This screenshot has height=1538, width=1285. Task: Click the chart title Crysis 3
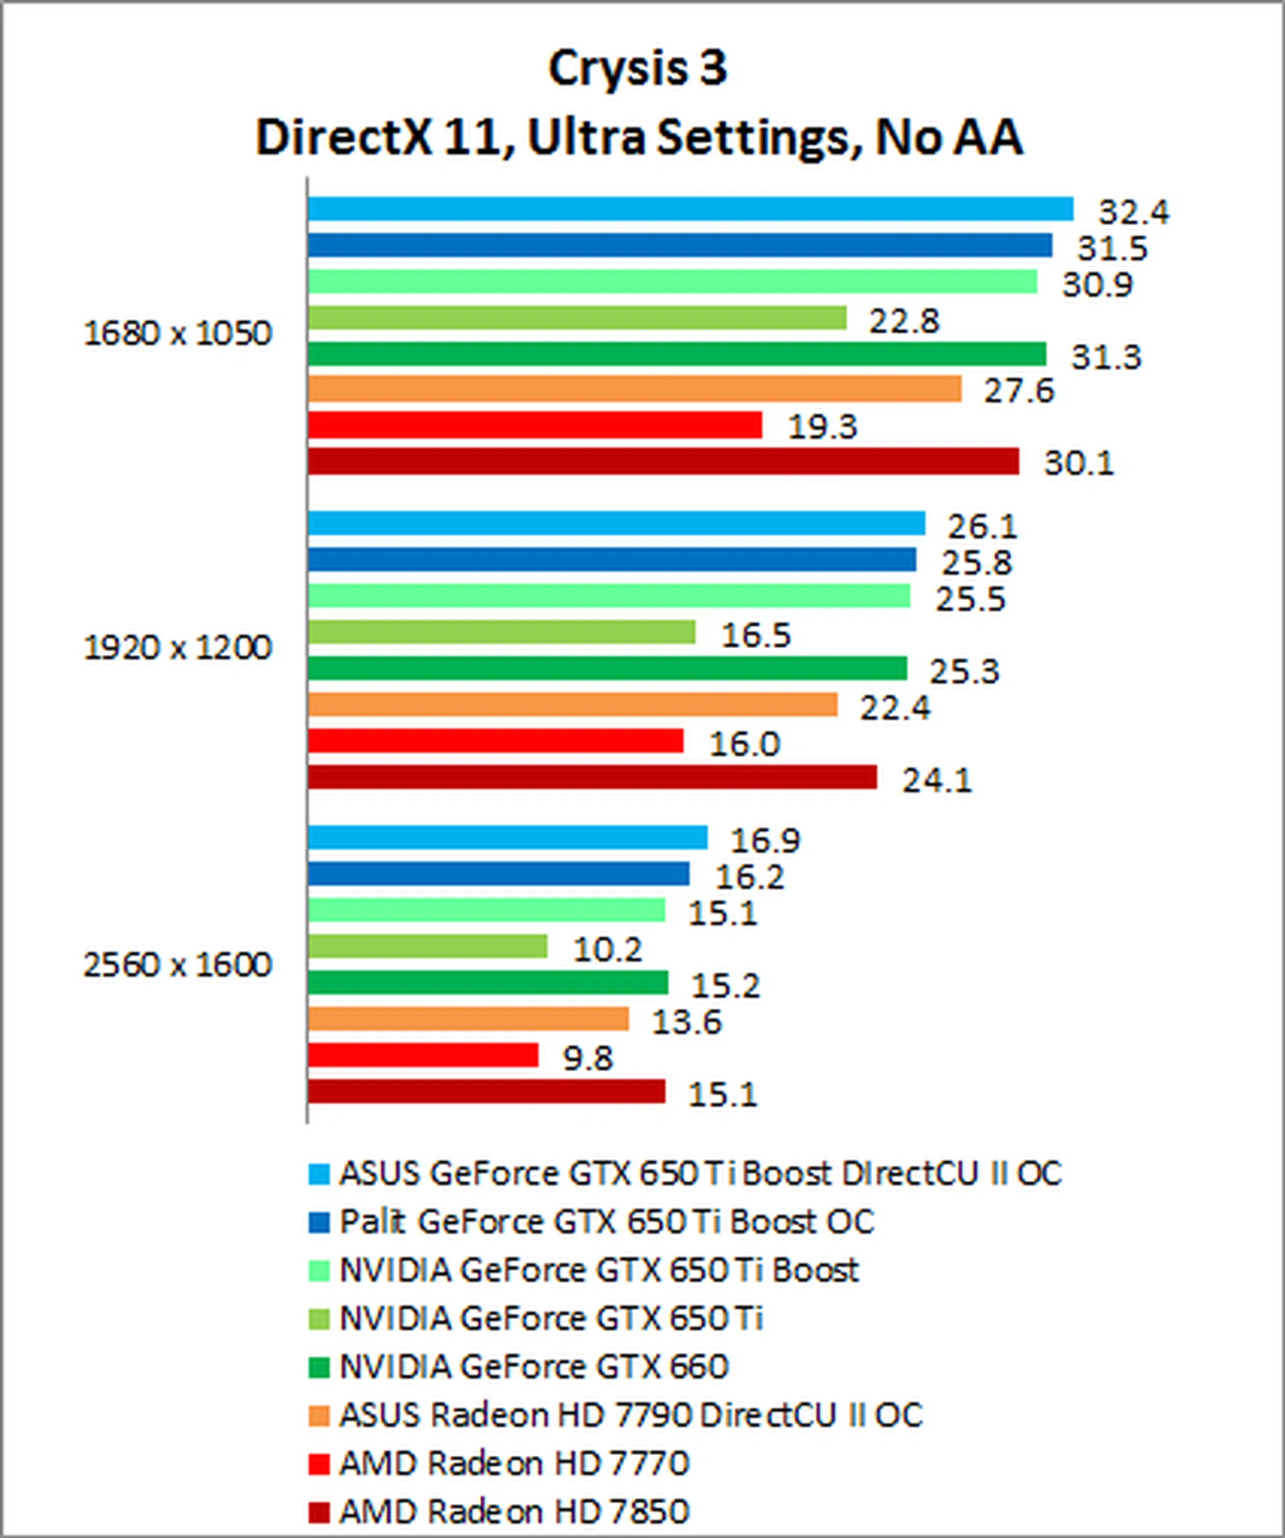click(x=637, y=68)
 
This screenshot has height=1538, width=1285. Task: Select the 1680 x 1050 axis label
click(x=177, y=334)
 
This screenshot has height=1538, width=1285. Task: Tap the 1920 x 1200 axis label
click(x=177, y=648)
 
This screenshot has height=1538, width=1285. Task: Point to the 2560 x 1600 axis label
click(x=177, y=965)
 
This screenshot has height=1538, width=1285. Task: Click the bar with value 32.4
click(x=690, y=209)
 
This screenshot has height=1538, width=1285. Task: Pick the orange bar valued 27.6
click(x=634, y=389)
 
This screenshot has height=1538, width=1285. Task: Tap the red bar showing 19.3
click(x=535, y=425)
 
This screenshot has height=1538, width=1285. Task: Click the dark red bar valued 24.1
click(x=592, y=777)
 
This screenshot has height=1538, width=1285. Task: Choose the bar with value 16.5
click(x=501, y=632)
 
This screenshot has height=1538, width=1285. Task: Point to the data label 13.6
click(x=687, y=1022)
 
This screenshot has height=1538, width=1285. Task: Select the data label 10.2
click(x=607, y=950)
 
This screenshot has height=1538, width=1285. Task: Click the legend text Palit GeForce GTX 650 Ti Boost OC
click(x=606, y=1221)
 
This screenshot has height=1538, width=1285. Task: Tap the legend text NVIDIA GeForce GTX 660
click(x=534, y=1366)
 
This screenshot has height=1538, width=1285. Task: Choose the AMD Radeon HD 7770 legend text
click(x=514, y=1462)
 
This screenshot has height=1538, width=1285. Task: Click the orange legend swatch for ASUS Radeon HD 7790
click(x=319, y=1416)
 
